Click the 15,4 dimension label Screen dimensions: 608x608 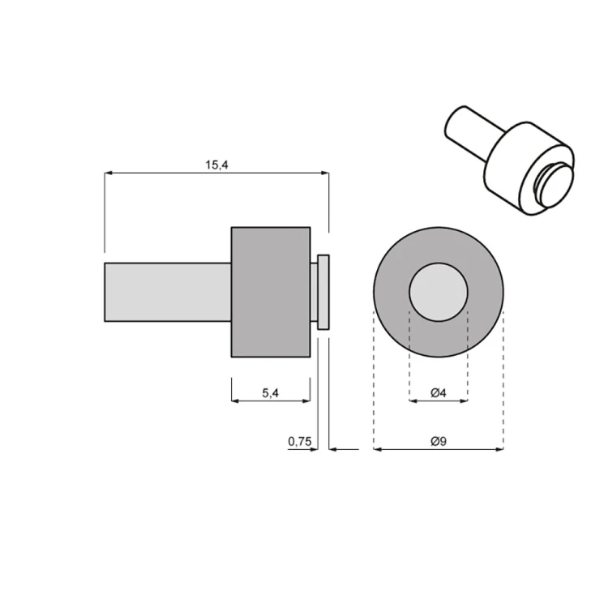(216, 165)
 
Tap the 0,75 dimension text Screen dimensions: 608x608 (299, 441)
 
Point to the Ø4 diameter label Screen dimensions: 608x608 (438, 393)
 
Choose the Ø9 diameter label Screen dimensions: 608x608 (438, 441)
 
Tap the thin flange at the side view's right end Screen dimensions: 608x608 (323, 292)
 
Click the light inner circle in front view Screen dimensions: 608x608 (439, 292)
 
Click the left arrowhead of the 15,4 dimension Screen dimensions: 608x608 (109, 173)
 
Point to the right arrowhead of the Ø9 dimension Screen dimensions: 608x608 (499, 448)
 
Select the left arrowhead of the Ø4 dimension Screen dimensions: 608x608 (413, 400)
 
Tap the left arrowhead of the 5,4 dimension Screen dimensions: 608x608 (236, 400)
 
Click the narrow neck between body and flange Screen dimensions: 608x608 (314, 292)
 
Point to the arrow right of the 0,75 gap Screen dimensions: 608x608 (335, 448)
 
